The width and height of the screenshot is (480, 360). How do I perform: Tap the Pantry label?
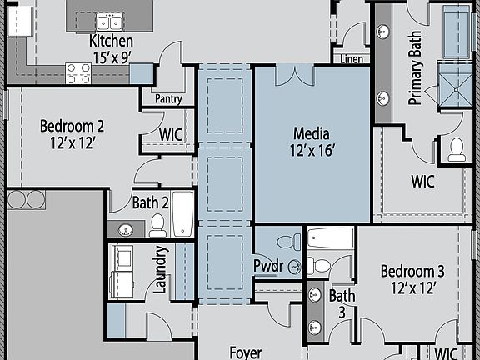coord(168,99)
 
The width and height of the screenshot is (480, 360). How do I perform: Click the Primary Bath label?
coord(414,74)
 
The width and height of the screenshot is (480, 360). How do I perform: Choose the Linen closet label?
coord(352,59)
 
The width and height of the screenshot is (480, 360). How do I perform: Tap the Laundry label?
coord(162,271)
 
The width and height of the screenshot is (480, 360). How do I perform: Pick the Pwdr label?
coord(268,267)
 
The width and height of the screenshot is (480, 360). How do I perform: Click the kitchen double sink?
coord(107,22)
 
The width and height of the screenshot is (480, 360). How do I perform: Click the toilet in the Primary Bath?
coord(457,149)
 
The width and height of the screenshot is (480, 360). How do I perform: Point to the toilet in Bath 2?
coord(157,224)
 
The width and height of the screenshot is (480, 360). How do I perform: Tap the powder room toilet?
coord(286,242)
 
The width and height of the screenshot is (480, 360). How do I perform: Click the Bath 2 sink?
coord(127,229)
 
